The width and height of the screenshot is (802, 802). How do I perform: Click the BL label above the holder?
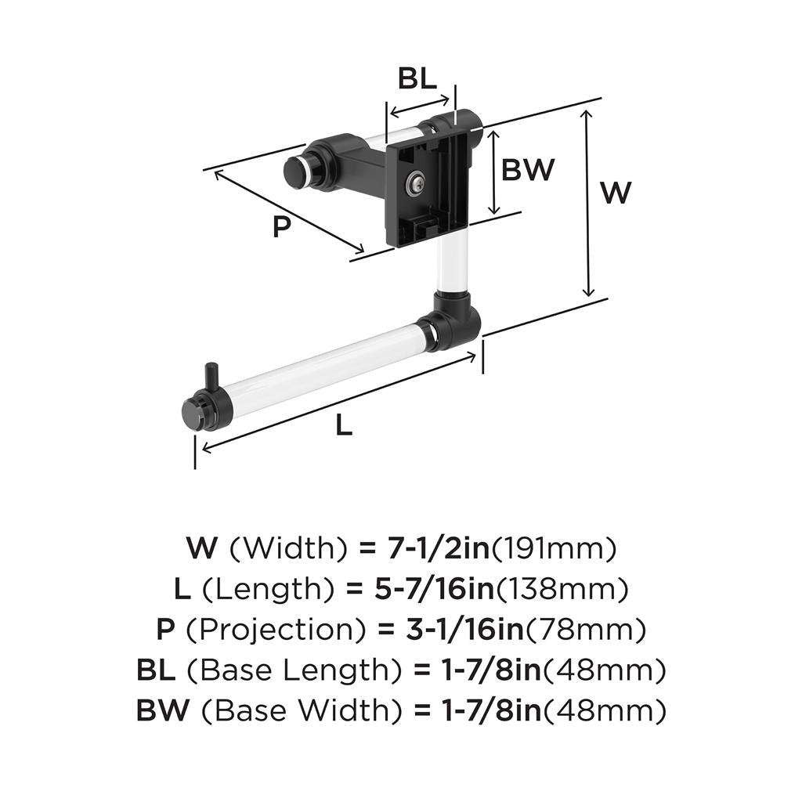click(417, 79)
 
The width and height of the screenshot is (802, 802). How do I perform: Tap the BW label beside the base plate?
click(528, 169)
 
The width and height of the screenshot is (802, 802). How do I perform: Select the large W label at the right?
click(616, 193)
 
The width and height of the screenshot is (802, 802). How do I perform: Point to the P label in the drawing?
click(281, 226)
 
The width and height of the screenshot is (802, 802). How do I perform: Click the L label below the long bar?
click(345, 424)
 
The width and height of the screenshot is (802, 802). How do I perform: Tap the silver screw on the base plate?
click(415, 183)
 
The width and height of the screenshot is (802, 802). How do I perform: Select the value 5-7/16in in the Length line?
click(434, 589)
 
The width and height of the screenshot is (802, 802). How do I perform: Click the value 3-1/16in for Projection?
click(465, 630)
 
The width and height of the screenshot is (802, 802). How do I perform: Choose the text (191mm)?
click(554, 548)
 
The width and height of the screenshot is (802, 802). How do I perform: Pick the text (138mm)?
click(562, 589)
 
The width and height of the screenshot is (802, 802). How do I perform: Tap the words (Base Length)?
click(294, 670)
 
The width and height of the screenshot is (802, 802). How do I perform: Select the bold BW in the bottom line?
click(163, 710)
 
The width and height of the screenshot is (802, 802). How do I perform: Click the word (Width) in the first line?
click(288, 548)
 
